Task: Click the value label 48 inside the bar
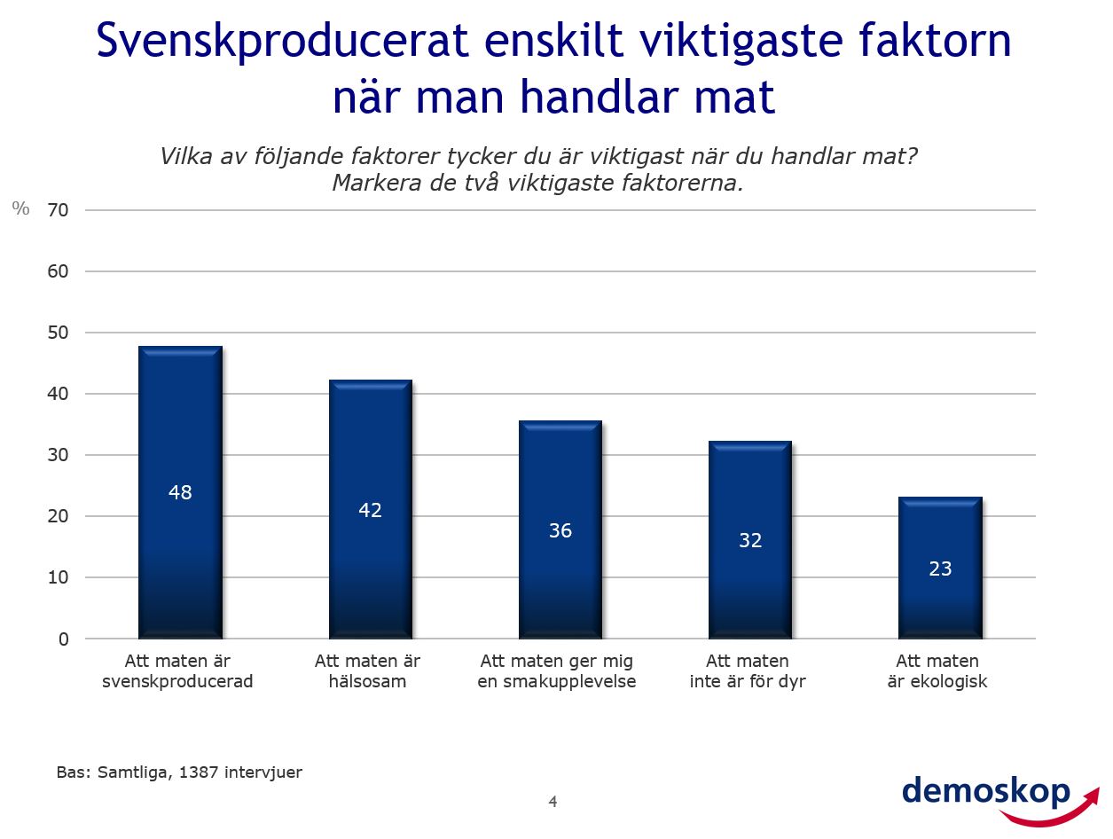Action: pyautogui.click(x=180, y=492)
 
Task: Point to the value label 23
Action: pyautogui.click(x=940, y=569)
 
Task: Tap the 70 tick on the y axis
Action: pyautogui.click(x=59, y=210)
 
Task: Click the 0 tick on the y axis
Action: pyautogui.click(x=64, y=639)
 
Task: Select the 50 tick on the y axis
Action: pyautogui.click(x=59, y=333)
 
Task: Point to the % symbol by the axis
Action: pyautogui.click(x=20, y=208)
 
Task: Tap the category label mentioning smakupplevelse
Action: pyautogui.click(x=557, y=671)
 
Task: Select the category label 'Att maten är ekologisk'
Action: pyautogui.click(x=937, y=671)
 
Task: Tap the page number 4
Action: pyautogui.click(x=553, y=802)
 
